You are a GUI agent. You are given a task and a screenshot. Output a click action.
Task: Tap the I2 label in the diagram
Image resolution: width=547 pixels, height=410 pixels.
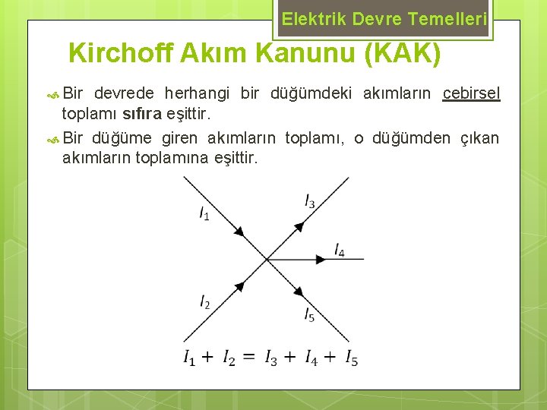click(205, 302)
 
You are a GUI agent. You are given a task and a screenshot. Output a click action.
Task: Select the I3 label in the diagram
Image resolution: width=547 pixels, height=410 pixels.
click(310, 201)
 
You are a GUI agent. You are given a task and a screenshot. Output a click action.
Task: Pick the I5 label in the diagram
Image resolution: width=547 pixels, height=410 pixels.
click(309, 314)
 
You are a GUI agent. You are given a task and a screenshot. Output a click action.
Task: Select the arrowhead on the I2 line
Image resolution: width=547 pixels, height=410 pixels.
click(239, 286)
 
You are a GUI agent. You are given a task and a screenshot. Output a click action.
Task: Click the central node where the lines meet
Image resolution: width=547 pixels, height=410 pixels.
click(267, 259)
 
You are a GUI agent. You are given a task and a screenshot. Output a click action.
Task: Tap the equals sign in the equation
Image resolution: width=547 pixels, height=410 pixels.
click(249, 357)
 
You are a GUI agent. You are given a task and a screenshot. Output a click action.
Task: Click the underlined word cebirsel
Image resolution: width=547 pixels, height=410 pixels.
click(472, 93)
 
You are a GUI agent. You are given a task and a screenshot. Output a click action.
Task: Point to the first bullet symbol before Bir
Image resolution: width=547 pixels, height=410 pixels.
click(53, 94)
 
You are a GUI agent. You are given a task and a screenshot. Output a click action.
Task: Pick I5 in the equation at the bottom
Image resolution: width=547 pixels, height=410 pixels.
click(351, 358)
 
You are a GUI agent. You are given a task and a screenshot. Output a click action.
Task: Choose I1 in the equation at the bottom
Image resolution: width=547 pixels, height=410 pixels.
click(190, 358)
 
